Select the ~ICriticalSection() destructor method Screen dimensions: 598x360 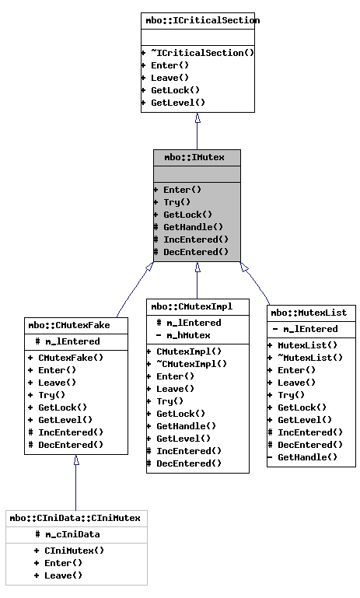tap(202, 53)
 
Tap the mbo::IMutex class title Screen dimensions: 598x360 tap(197, 157)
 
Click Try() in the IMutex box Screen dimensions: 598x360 tap(177, 202)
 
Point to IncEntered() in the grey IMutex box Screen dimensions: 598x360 tap(195, 240)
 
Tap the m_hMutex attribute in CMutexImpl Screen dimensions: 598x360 tap(188, 335)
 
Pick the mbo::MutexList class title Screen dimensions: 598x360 tap(311, 313)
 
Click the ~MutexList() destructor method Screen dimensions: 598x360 tap(310, 358)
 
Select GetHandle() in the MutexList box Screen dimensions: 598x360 tap(307, 457)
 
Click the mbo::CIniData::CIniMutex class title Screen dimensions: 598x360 tap(75, 518)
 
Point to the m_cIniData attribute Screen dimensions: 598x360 tap(72, 534)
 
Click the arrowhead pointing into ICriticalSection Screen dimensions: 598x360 tap(197, 118)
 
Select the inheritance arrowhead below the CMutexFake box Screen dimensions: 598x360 tap(76, 460)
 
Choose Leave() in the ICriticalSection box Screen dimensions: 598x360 tap(170, 78)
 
